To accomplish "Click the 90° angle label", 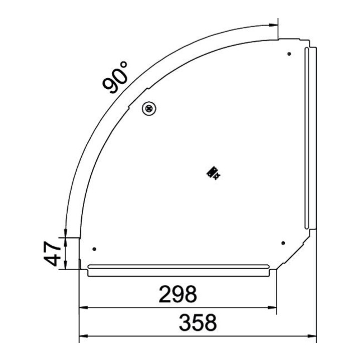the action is (115, 77).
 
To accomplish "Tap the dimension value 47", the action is (53, 254).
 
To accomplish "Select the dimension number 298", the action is (178, 294).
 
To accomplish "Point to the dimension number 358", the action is (198, 322).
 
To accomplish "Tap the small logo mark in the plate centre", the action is (214, 173).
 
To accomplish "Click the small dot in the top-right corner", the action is (289, 54).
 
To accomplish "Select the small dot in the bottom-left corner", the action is (94, 249).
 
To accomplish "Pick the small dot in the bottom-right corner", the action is (283, 243).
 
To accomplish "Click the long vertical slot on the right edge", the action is (307, 138).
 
